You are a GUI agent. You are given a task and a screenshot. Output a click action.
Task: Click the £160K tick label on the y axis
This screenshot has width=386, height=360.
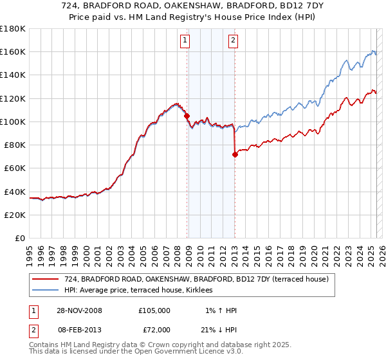tap(13, 51)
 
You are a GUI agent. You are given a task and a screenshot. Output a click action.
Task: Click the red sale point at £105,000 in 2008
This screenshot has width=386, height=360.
tap(187, 116)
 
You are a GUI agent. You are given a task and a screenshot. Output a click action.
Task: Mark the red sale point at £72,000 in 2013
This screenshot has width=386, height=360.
tap(235, 154)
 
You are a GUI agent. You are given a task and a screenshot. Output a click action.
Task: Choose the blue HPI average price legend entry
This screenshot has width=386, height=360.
tap(141, 291)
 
